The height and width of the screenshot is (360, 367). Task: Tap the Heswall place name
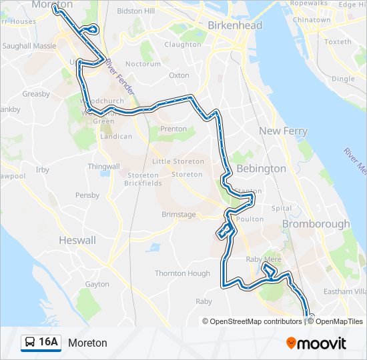pos(77,240)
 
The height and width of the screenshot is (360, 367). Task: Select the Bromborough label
pos(316,224)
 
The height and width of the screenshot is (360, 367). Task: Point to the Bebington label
pos(261,169)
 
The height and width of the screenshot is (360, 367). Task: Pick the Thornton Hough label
pos(182,273)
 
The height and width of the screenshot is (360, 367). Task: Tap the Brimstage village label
pos(179,215)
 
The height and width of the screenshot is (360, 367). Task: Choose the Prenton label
pos(173,129)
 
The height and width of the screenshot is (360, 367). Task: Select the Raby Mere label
pos(264,259)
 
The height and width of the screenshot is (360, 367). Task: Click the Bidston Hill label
pos(135,11)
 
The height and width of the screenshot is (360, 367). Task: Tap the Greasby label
pos(36,94)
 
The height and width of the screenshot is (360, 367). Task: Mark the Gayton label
pos(97,284)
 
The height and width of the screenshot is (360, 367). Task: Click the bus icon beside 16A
pos(30,343)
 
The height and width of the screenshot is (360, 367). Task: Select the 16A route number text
pos(49,343)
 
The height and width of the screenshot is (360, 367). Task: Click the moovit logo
pos(316,343)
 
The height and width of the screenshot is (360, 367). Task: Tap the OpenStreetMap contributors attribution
pos(252,321)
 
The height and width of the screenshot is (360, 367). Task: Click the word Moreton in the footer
pos(87,343)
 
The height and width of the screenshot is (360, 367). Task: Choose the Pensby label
pos(87,195)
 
